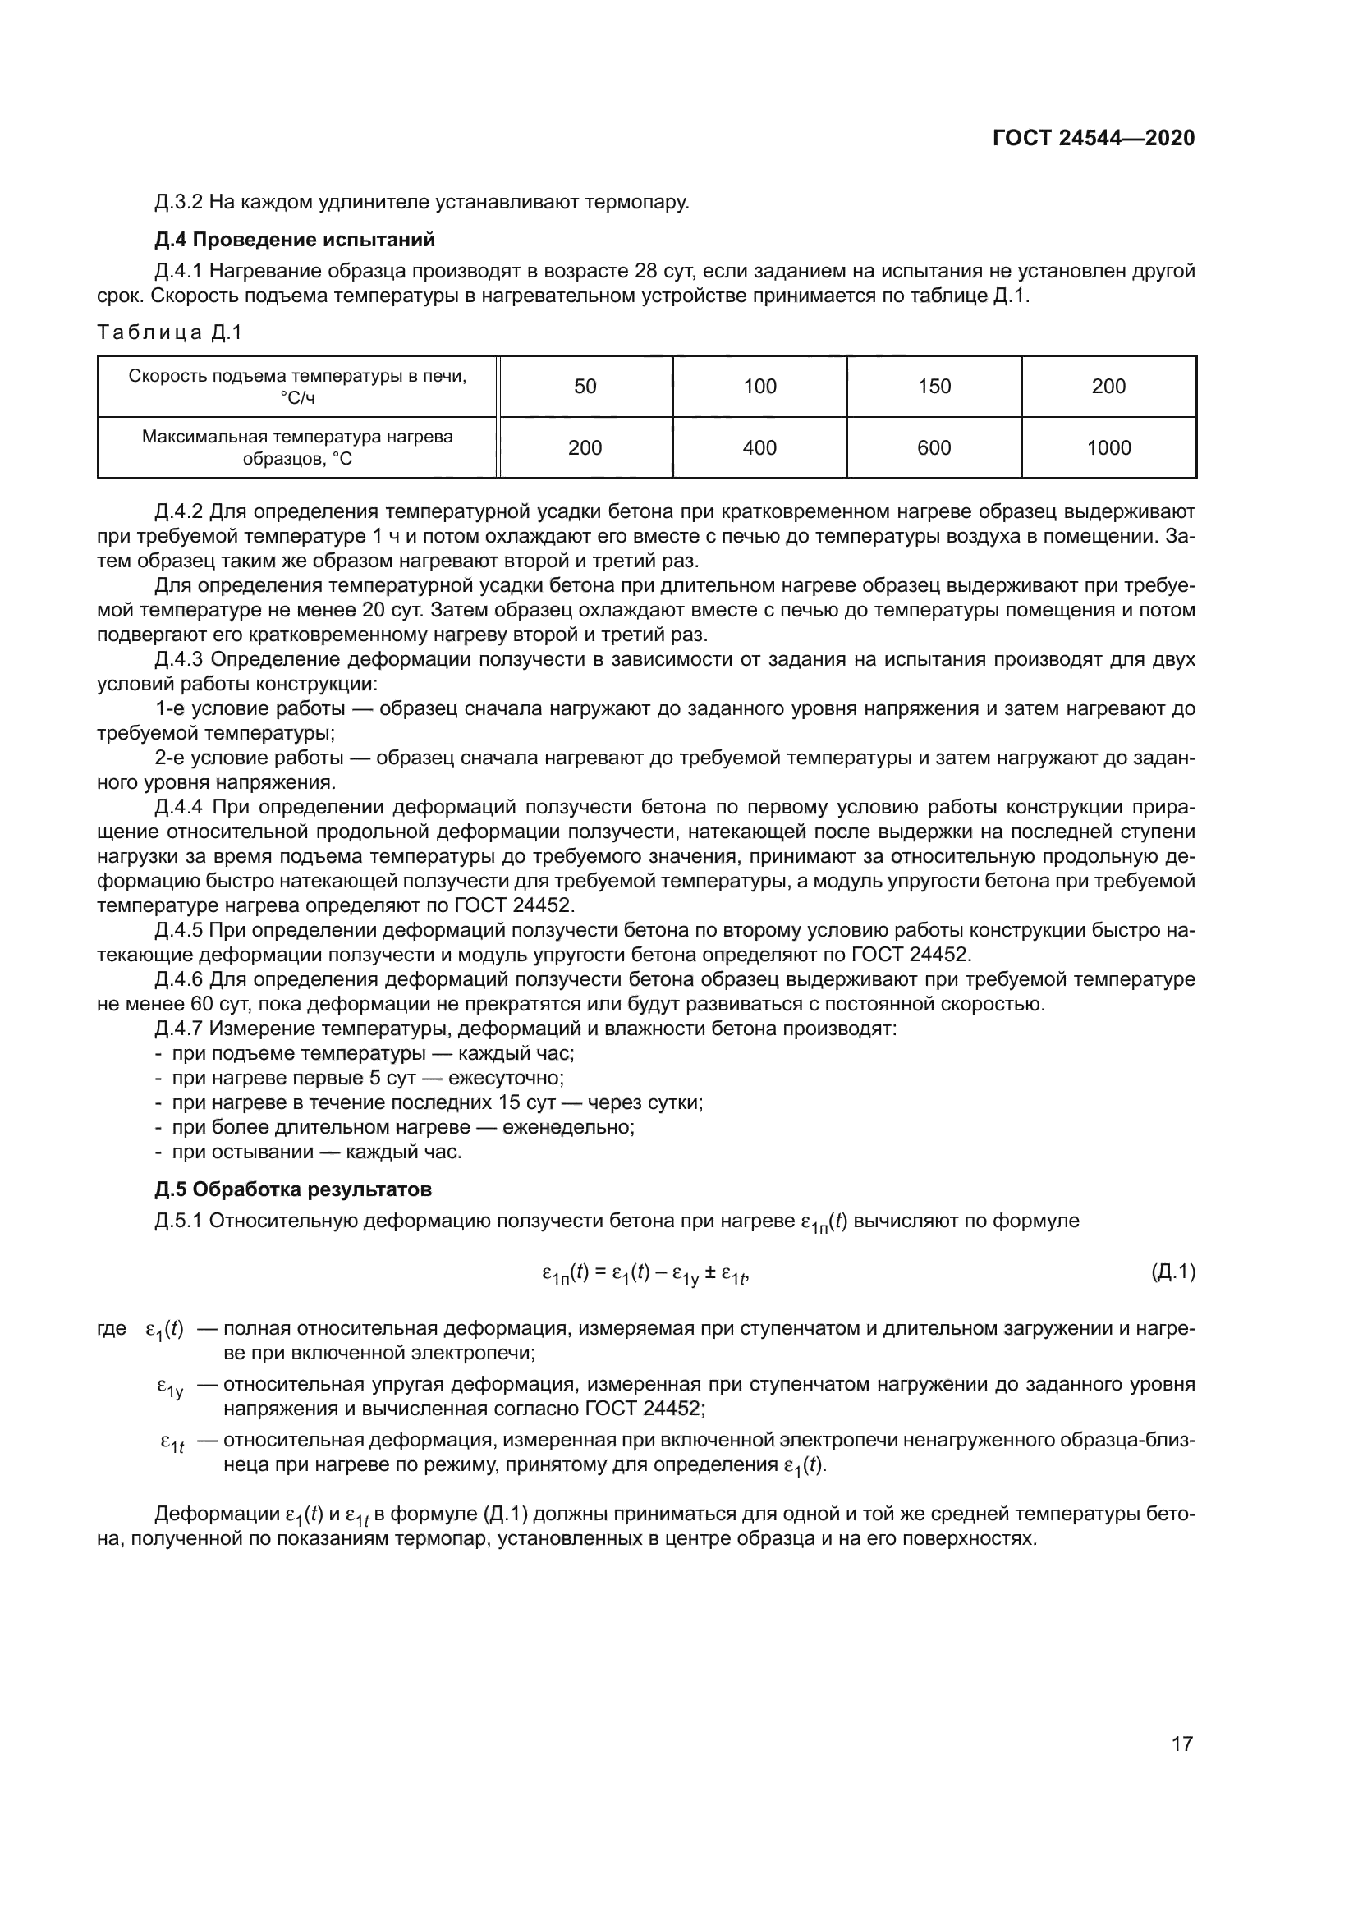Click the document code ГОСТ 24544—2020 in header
coord(1093,138)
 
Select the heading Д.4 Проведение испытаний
coord(295,240)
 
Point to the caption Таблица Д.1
coord(169,332)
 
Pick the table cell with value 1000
coord(1108,448)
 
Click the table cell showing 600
coord(934,448)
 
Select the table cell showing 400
coord(759,448)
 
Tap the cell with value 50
coord(585,387)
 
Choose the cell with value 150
coord(934,387)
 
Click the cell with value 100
coord(759,387)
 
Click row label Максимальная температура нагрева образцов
coord(297,448)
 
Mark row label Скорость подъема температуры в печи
coord(297,387)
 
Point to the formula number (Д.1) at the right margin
coord(1172,1273)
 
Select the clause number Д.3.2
coord(178,203)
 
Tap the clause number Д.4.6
coord(178,979)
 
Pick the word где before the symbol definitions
coord(111,1328)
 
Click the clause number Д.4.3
coord(178,660)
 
